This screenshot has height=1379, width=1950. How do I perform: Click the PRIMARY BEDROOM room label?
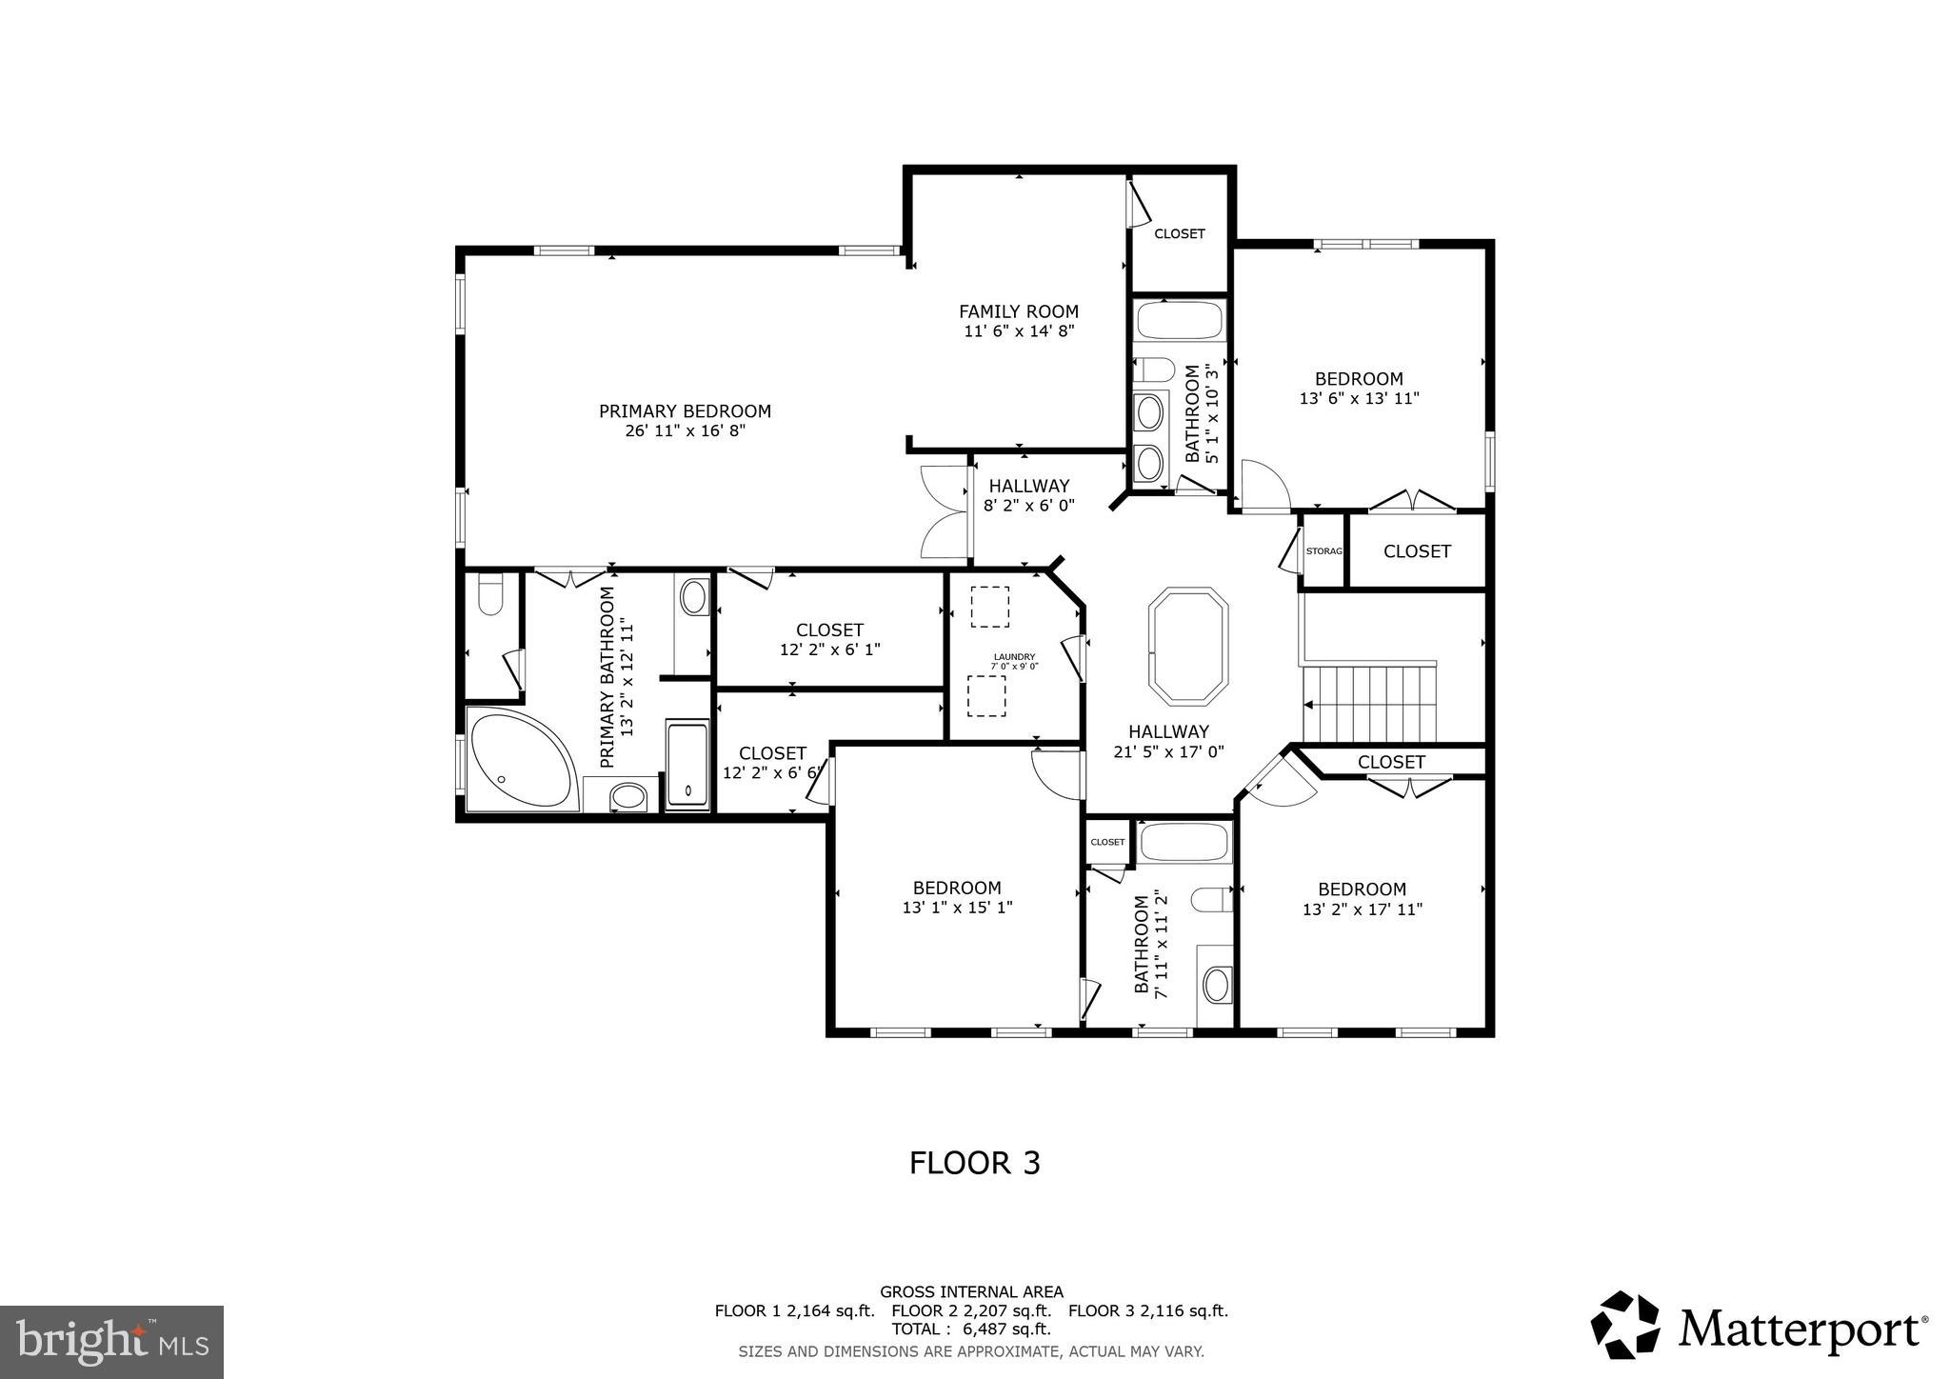(x=685, y=411)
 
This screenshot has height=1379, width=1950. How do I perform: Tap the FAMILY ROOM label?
(x=1018, y=311)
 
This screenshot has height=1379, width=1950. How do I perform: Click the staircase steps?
(x=1369, y=704)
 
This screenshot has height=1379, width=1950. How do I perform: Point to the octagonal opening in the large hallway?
(x=1188, y=646)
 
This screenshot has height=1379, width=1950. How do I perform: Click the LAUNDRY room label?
(x=1014, y=657)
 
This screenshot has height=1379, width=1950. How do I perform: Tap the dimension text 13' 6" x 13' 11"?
(x=1359, y=399)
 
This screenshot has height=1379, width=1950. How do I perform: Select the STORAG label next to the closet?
(x=1323, y=551)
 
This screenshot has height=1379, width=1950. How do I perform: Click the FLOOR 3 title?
(x=974, y=1163)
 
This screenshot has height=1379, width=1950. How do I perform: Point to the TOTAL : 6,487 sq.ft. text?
(x=970, y=1329)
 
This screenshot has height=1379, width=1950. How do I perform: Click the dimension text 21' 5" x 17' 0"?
(x=1168, y=751)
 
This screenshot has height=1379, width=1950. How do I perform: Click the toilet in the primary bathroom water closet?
(x=490, y=594)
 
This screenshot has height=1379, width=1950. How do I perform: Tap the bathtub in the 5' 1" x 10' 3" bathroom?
(x=1180, y=321)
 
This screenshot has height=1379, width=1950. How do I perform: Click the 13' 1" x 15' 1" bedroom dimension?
(x=957, y=909)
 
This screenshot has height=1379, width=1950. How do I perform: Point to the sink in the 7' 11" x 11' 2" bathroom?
(x=1216, y=985)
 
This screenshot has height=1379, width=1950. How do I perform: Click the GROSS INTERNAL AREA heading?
(x=971, y=1292)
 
